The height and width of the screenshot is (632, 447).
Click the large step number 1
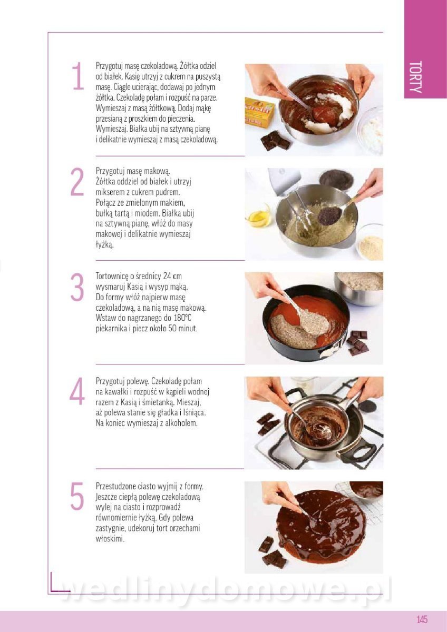pos(78,76)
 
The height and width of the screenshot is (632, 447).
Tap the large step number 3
pos(77,287)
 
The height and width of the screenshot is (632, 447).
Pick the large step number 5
pos(77,496)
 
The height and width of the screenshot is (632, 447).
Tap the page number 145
pos(422,618)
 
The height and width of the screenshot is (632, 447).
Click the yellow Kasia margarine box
pos(259,112)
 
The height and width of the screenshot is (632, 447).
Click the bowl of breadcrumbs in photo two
pos(370,242)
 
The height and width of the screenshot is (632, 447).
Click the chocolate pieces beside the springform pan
pos(358,343)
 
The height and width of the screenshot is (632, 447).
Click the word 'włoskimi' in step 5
pos(110,539)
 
